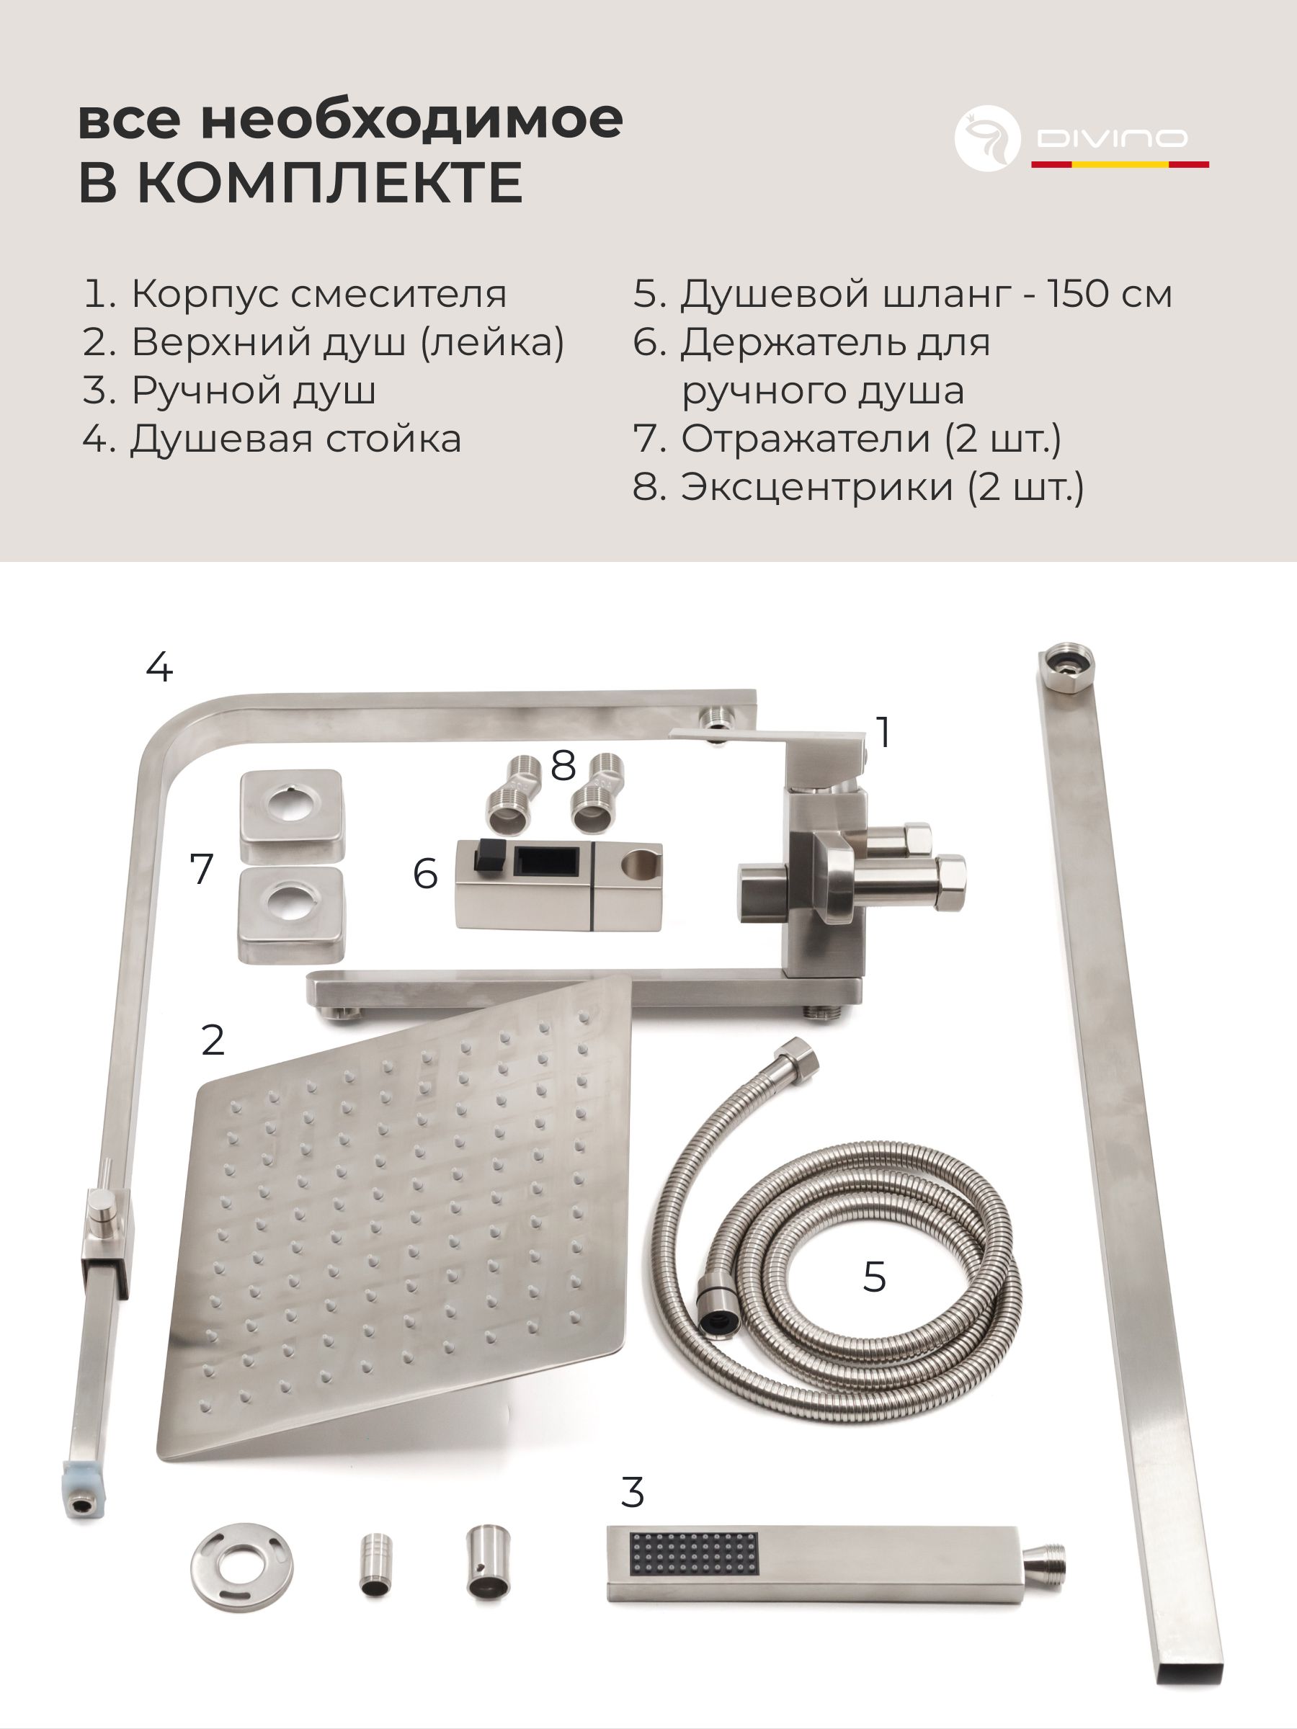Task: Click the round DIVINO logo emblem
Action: pyautogui.click(x=987, y=138)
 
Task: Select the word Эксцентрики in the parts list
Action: pyautogui.click(x=817, y=488)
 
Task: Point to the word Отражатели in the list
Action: pyautogui.click(x=806, y=439)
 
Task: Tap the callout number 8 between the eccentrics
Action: pyautogui.click(x=563, y=765)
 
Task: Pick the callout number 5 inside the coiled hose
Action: pyautogui.click(x=874, y=1277)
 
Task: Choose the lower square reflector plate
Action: pyautogui.click(x=292, y=916)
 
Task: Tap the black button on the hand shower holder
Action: pyautogui.click(x=488, y=857)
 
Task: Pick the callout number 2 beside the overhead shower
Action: pyautogui.click(x=213, y=1040)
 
